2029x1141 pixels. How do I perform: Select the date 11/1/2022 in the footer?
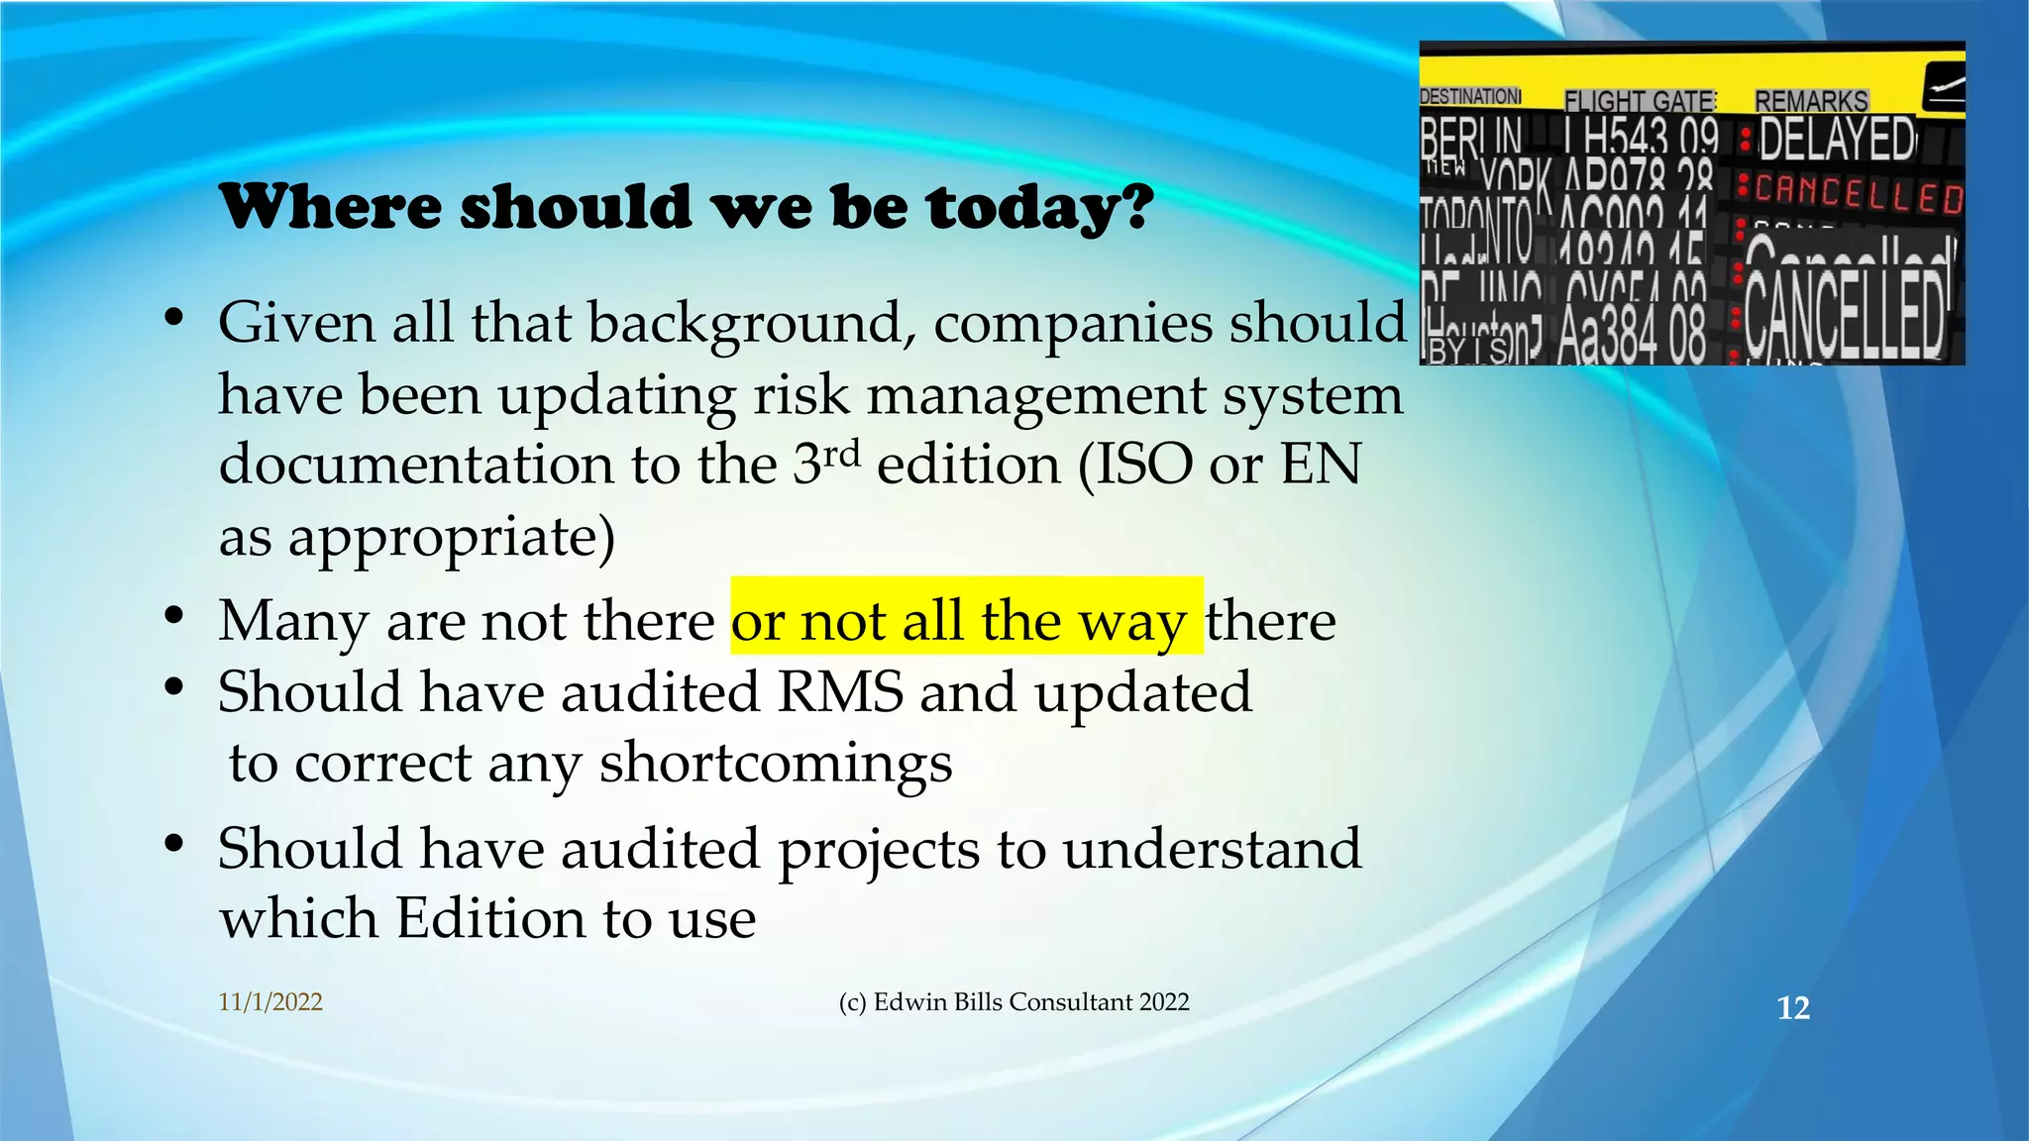(x=270, y=1002)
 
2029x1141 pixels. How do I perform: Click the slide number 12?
(x=1793, y=1008)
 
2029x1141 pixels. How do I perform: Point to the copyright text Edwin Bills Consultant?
(x=1013, y=1002)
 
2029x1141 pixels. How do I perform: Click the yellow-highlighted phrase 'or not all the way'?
(x=966, y=621)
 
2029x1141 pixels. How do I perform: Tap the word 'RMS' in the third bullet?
(x=839, y=691)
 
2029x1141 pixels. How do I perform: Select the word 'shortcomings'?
(x=775, y=764)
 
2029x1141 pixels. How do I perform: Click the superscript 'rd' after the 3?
(x=841, y=455)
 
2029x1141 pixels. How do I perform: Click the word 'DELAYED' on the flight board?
(x=1838, y=140)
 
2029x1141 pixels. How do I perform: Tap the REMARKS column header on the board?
(x=1811, y=101)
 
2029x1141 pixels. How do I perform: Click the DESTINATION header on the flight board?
(x=1470, y=96)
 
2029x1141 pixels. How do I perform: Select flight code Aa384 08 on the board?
(x=1631, y=335)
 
